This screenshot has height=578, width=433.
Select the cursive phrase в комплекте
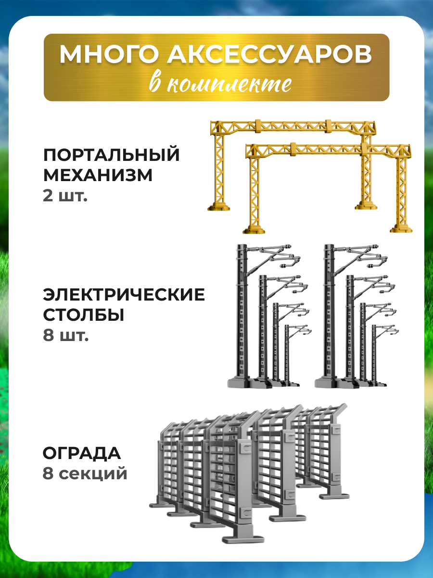pos(220,83)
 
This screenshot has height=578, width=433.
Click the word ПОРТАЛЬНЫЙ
pos(112,156)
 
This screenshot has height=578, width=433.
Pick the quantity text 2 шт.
pos(65,197)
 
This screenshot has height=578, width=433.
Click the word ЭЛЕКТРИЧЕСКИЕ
pos(124,294)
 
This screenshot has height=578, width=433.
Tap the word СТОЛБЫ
pos(84,315)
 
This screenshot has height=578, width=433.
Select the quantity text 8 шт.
pos(66,336)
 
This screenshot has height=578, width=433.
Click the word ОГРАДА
pos(82,453)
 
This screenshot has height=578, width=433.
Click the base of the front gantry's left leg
pos(254,228)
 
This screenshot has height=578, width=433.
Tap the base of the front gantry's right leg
pos(401,228)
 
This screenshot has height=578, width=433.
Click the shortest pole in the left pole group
pos(287,356)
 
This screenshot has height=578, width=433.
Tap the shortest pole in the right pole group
pos(374,356)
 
